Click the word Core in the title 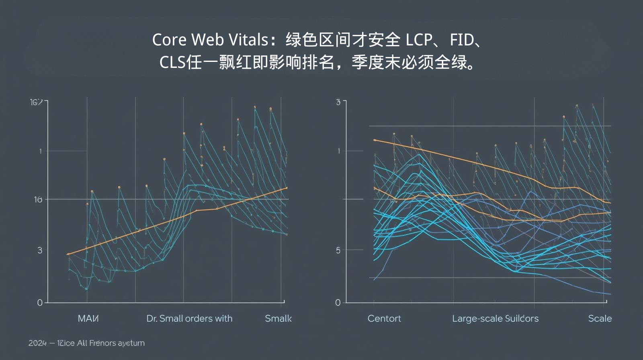point(169,40)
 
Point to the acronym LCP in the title point(418,40)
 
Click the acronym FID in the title point(462,40)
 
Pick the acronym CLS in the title point(172,62)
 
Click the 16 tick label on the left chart point(38,199)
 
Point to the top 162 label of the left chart point(36,102)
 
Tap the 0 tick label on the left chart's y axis point(40,303)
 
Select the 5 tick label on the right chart point(338,250)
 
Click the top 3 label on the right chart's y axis point(338,102)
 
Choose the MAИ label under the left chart point(88,319)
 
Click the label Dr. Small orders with point(189,319)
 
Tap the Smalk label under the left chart point(278,319)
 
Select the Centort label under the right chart point(384,319)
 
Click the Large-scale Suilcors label point(495,319)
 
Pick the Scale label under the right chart point(600,319)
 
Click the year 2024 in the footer point(37,343)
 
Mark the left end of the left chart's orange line point(68,254)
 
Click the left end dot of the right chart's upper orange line point(375,140)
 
